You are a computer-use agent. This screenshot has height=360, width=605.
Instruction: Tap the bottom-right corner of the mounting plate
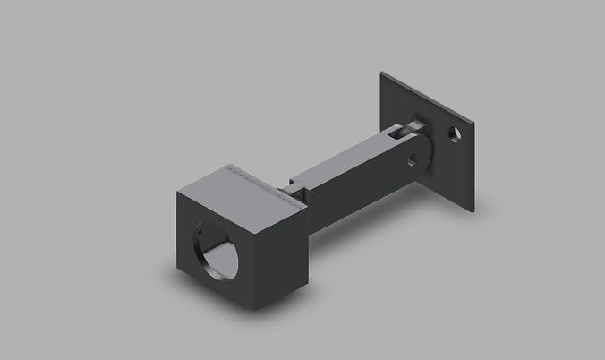pos(472,211)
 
